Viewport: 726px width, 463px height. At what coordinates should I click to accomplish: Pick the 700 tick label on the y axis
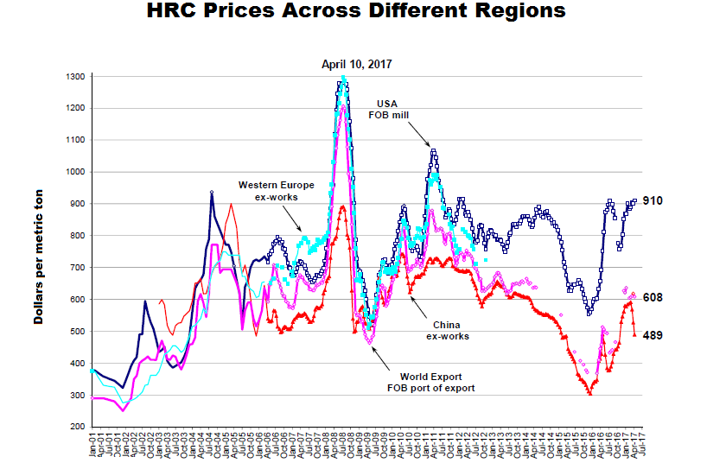(76, 268)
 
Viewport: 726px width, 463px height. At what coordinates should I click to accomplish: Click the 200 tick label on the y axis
(76, 427)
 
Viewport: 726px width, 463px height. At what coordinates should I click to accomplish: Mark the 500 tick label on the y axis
(76, 332)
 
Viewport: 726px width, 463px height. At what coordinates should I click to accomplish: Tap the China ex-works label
(447, 330)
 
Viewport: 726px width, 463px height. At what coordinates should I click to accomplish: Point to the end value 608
(653, 297)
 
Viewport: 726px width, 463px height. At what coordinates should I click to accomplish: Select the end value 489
(653, 335)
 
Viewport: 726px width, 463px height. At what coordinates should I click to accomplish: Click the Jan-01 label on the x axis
(92, 445)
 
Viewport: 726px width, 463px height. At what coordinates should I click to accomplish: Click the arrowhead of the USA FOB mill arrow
(430, 148)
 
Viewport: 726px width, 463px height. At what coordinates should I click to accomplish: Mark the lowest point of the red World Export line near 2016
(590, 394)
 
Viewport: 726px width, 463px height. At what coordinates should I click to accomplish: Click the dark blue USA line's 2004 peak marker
(212, 193)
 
